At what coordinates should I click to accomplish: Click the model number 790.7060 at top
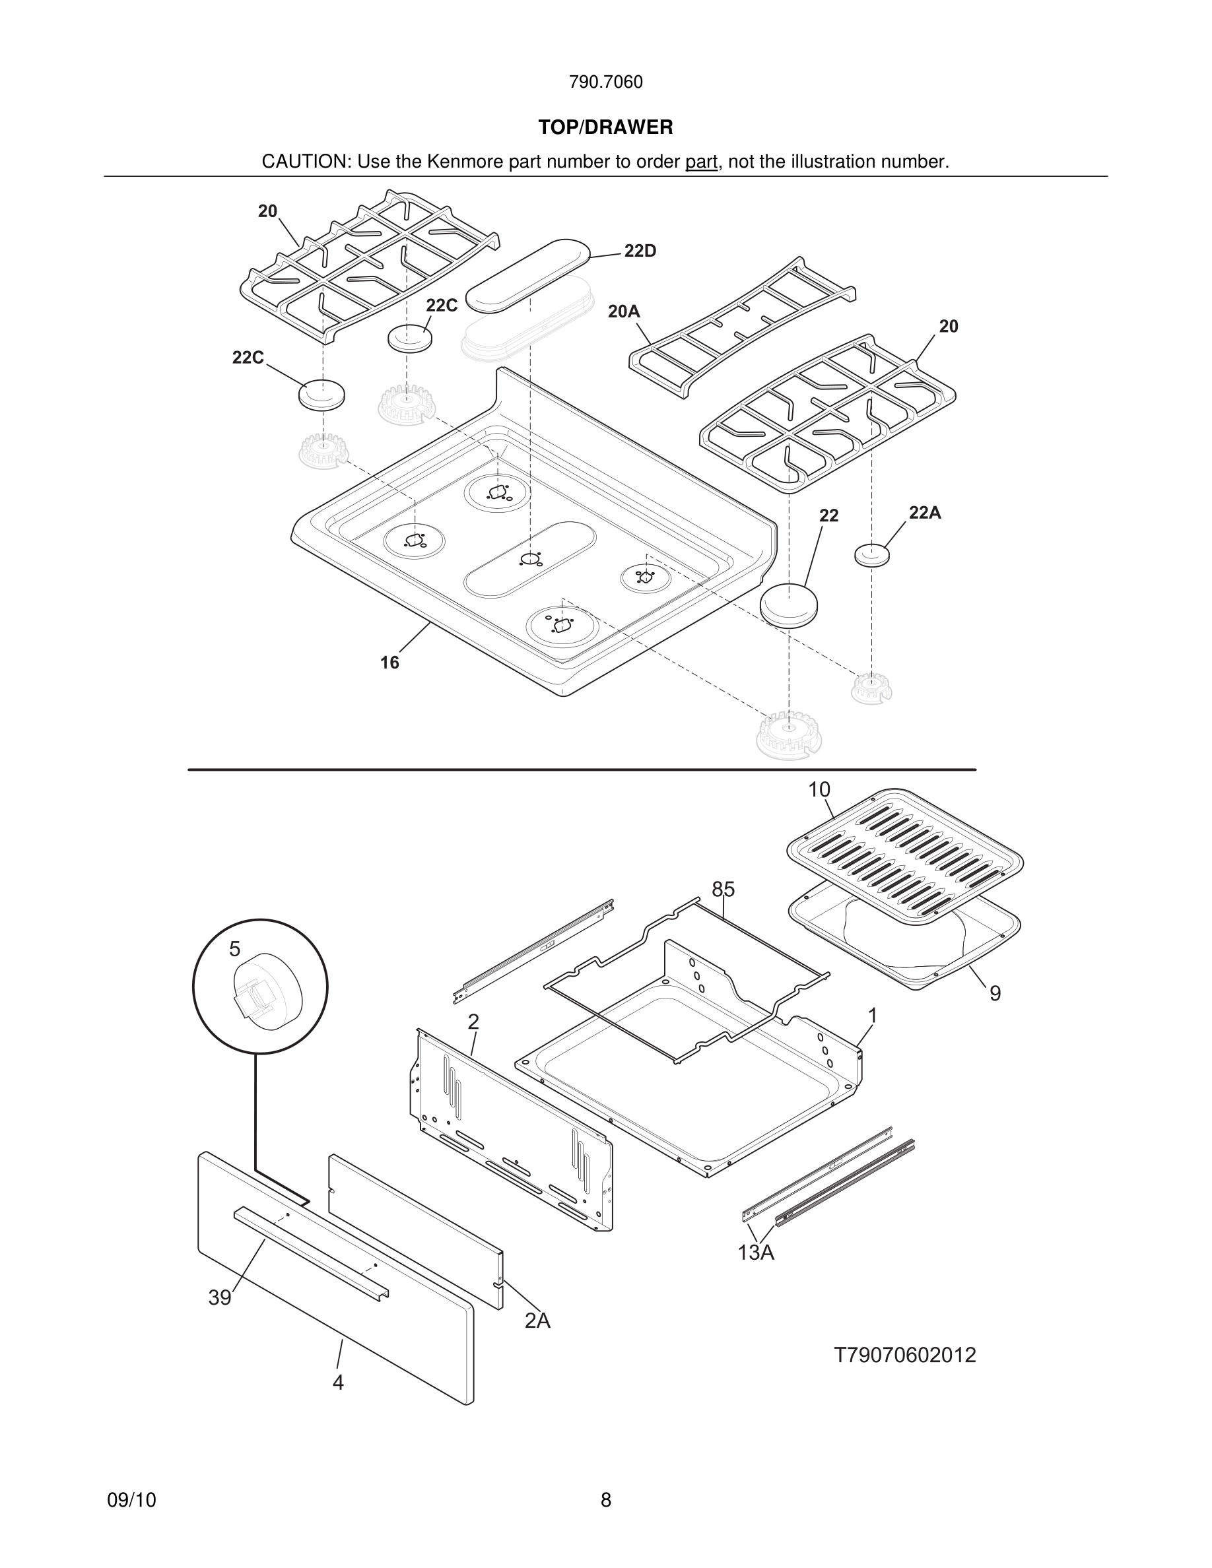[x=605, y=82]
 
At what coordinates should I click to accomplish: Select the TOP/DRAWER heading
[x=605, y=128]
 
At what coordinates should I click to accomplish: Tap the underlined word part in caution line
[x=701, y=162]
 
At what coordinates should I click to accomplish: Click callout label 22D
[x=640, y=251]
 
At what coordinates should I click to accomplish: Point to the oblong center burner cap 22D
[x=527, y=276]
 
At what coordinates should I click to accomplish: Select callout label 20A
[x=623, y=311]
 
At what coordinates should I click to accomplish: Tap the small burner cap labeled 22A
[x=871, y=555]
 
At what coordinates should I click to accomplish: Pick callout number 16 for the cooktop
[x=389, y=663]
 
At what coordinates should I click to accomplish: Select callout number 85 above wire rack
[x=723, y=890]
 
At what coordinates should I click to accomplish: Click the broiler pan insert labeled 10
[x=904, y=853]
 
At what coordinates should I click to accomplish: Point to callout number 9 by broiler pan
[x=994, y=994]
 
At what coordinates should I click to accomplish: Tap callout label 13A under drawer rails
[x=755, y=1253]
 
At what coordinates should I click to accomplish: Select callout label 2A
[x=537, y=1321]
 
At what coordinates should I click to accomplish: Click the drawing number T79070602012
[x=904, y=1356]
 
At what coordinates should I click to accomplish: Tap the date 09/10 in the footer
[x=131, y=1501]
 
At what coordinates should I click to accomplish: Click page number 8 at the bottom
[x=605, y=1501]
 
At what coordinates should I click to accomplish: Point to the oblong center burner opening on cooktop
[x=530, y=560]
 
